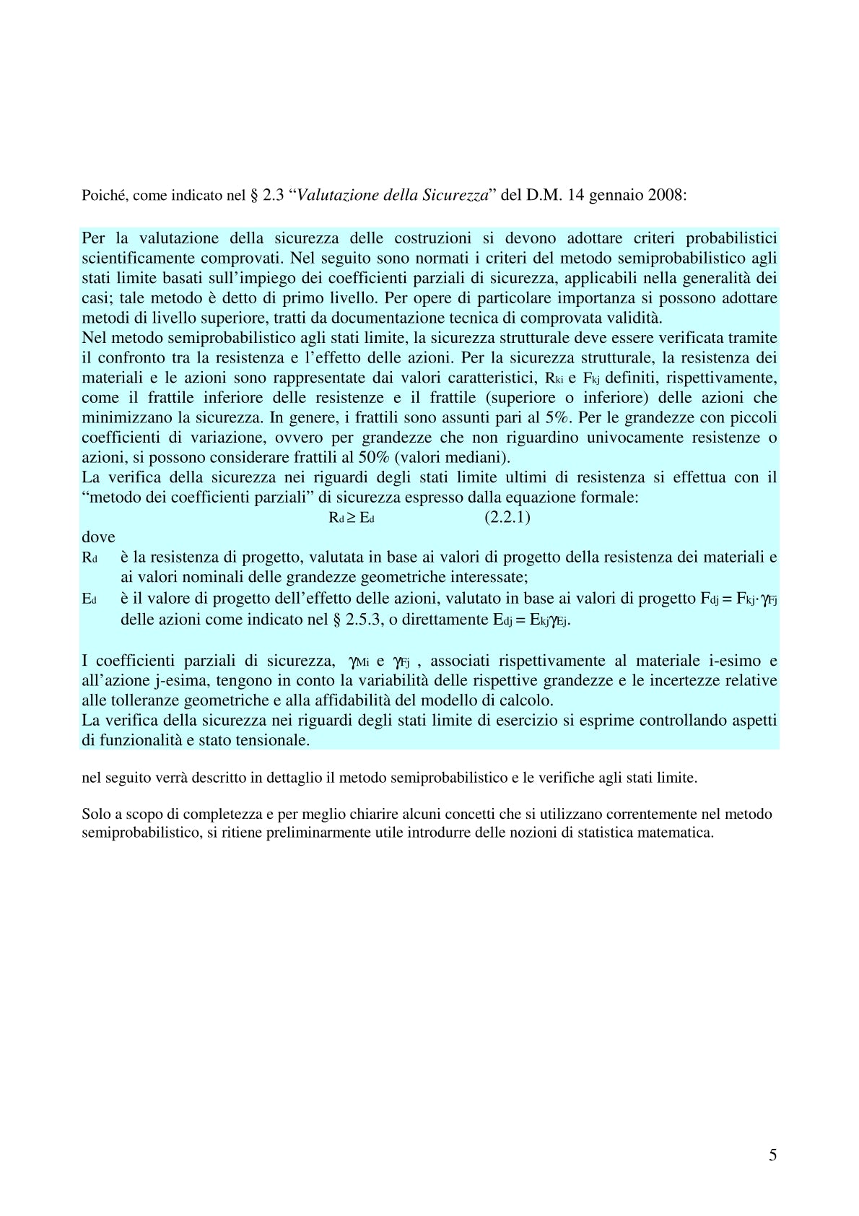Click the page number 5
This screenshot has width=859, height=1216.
coord(773,1155)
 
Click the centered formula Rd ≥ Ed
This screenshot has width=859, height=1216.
coord(352,518)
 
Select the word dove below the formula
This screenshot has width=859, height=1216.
coord(98,537)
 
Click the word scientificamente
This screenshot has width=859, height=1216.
coord(136,258)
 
